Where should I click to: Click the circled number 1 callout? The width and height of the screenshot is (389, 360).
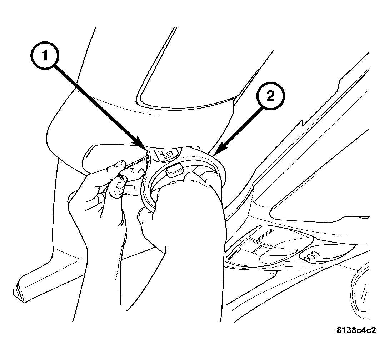point(45,55)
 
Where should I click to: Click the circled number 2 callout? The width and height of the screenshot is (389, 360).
point(270,96)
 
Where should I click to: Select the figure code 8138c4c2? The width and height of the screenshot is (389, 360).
point(356,330)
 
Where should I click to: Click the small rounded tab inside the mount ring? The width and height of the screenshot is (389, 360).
point(175,171)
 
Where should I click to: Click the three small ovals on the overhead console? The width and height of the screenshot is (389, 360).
point(311,256)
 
